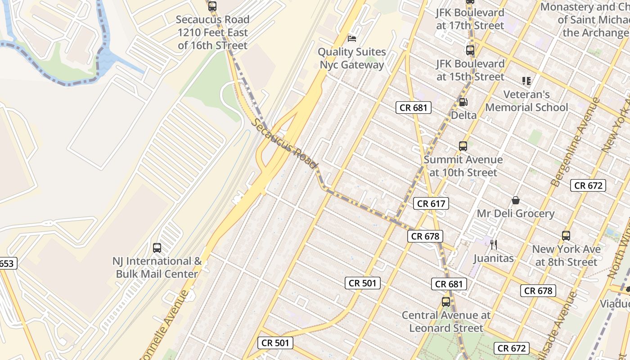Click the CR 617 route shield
(431, 203)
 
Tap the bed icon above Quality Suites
(352, 39)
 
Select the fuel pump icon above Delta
(463, 102)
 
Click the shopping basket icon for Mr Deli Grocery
(515, 200)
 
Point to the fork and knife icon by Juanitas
(494, 245)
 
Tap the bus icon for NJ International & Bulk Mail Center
(157, 247)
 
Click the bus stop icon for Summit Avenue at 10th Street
(463, 146)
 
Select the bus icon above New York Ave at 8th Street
(566, 235)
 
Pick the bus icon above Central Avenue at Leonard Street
(445, 302)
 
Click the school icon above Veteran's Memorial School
(526, 81)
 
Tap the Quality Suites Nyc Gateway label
(352, 58)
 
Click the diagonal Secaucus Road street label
(285, 143)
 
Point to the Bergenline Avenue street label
(576, 142)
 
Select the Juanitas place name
(494, 258)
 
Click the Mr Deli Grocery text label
(516, 213)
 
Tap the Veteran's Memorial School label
(526, 101)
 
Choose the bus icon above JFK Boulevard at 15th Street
(470, 50)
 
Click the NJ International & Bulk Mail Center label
(157, 267)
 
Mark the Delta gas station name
(463, 115)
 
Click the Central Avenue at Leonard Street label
(445, 321)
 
